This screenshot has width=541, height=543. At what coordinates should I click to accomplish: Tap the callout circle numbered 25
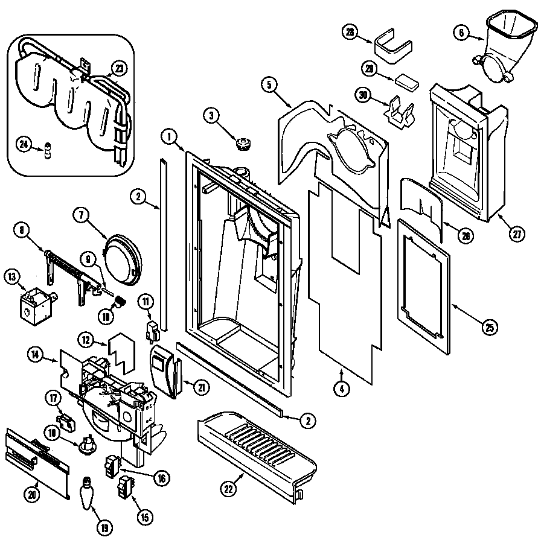[x=490, y=328]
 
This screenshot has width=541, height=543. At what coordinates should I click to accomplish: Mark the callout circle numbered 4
[x=341, y=390]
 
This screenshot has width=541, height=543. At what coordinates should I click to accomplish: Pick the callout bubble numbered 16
[x=161, y=478]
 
